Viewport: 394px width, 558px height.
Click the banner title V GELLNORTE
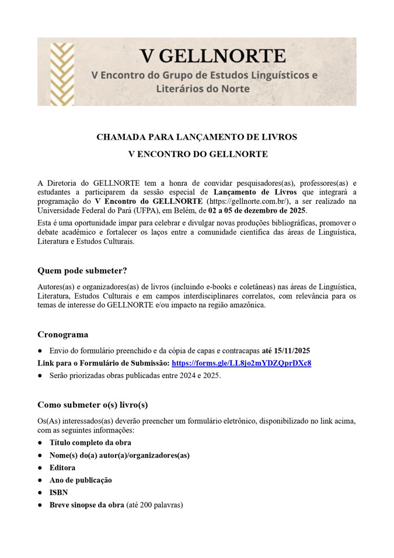[212, 56]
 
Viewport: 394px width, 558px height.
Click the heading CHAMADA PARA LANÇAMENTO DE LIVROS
[197, 137]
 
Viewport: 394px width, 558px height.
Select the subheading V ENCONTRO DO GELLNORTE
[197, 154]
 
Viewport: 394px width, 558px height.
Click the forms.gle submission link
[241, 363]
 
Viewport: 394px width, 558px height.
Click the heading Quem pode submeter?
[82, 271]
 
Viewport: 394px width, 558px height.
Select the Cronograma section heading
[63, 335]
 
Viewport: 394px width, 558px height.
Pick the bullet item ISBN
[58, 493]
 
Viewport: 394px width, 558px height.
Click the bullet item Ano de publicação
[81, 480]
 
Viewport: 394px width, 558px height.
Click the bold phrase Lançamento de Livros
[255, 192]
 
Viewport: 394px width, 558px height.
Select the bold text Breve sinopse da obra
[87, 505]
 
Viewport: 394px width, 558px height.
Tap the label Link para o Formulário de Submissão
[103, 363]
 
